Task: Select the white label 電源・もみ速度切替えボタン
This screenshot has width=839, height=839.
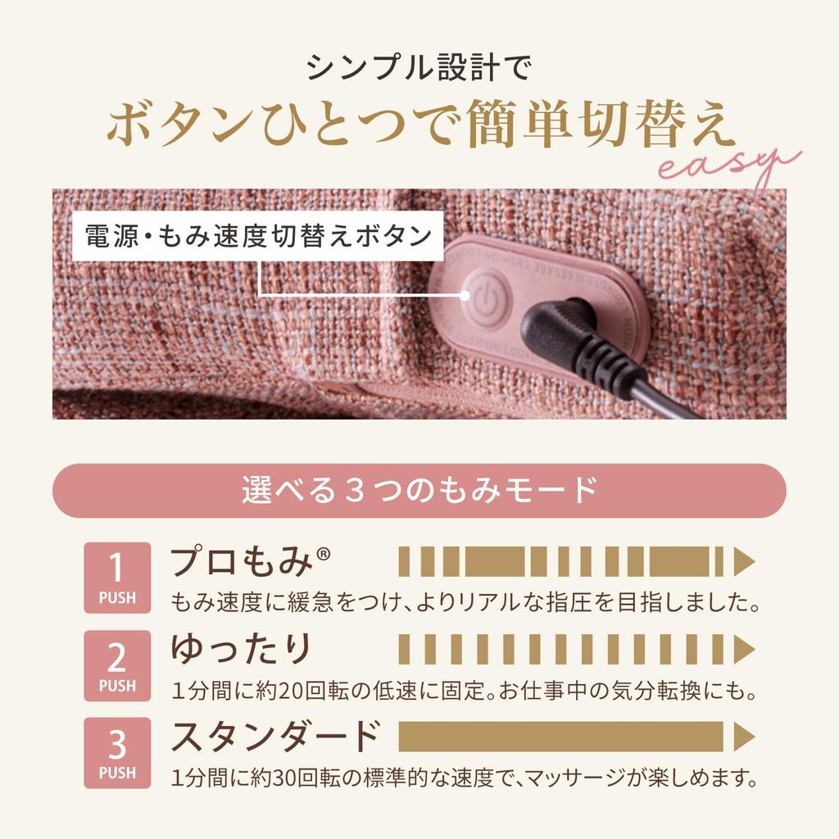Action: click(x=259, y=236)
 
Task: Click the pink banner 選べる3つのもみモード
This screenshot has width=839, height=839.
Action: click(x=419, y=491)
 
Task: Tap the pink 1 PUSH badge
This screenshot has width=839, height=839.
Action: click(x=117, y=578)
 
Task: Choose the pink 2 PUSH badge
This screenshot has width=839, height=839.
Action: click(x=117, y=665)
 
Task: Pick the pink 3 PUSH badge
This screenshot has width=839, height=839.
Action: click(x=117, y=753)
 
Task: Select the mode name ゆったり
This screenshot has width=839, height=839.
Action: click(x=242, y=650)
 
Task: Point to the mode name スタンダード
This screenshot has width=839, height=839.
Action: click(x=275, y=737)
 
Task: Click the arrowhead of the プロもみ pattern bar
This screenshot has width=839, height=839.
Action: click(x=744, y=563)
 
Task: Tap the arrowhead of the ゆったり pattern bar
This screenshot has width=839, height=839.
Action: click(x=744, y=650)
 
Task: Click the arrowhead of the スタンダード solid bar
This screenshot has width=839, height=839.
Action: click(x=744, y=737)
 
